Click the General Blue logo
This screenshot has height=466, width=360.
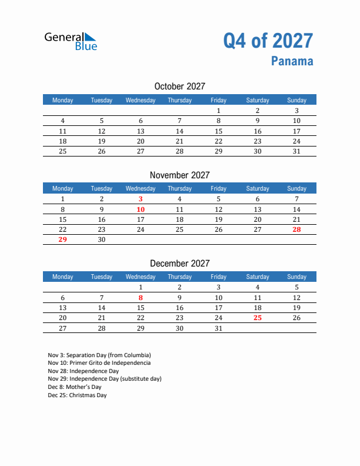tap(71, 41)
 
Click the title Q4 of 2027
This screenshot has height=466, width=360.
tap(268, 41)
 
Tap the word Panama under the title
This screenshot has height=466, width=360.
tap(292, 61)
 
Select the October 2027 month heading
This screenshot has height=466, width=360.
tap(179, 86)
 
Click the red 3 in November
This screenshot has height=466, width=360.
tap(141, 199)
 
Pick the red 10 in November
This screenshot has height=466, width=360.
tap(141, 209)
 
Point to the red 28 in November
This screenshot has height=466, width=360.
tap(296, 229)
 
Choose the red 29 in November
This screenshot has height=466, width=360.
tap(63, 239)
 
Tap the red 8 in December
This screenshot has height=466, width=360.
tap(141, 298)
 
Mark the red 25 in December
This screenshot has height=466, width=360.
tap(257, 318)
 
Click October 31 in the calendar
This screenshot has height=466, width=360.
tap(296, 151)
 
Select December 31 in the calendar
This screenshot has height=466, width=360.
tap(218, 328)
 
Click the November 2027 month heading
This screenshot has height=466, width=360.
tap(179, 175)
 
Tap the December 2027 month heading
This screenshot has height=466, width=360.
tap(179, 264)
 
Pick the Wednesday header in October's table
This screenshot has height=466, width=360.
tap(141, 100)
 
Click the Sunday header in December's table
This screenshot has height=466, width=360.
tap(296, 277)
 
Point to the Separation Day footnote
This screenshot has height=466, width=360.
tap(99, 355)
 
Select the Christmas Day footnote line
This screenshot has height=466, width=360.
tap(78, 395)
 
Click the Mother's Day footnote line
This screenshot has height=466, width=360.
tap(75, 387)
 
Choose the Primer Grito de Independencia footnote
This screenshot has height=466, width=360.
tap(99, 363)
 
